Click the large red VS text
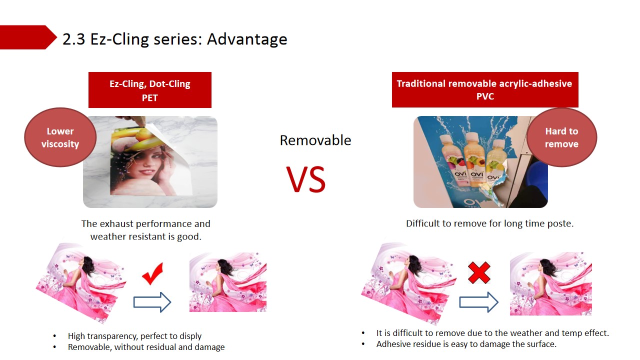click(306, 179)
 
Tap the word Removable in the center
click(315, 140)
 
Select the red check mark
click(152, 273)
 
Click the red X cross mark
click(479, 273)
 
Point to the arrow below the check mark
click(152, 302)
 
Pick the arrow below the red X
click(478, 302)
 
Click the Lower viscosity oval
click(60, 137)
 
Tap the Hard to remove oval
click(561, 137)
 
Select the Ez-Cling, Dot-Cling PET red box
click(150, 90)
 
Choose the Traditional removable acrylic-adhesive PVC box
click(485, 89)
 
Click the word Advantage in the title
click(247, 39)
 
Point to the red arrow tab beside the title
click(28, 37)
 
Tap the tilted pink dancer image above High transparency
click(81, 283)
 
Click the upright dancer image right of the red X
click(551, 283)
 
